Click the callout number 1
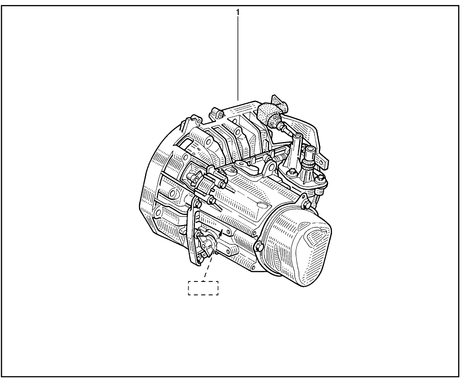238,12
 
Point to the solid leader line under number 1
238,59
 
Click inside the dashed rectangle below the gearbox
203,288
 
